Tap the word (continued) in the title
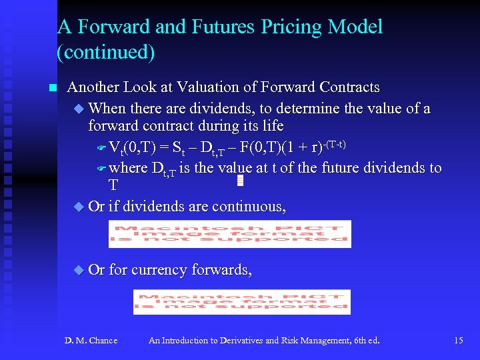coord(106,52)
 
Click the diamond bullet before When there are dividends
coord(79,108)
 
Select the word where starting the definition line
coord(128,168)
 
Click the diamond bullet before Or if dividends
coord(79,207)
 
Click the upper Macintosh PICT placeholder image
coord(229,234)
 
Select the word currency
coord(159,270)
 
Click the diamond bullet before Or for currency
coord(79,270)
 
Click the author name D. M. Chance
coord(91,341)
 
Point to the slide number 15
coord(458,341)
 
